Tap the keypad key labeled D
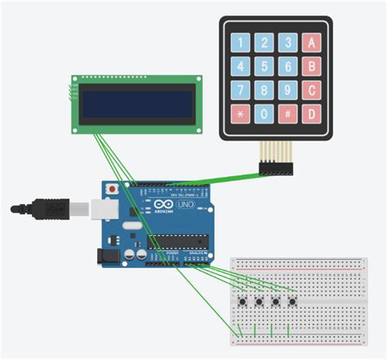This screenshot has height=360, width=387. point(311,113)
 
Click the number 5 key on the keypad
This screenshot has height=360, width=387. point(263,65)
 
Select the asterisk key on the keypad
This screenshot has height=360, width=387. point(239,113)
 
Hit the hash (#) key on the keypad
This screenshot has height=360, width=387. point(287,113)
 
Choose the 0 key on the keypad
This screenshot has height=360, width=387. point(263,113)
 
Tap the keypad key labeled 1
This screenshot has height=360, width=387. point(239,42)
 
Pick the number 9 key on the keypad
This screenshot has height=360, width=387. point(287,90)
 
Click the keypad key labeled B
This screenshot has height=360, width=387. point(311,65)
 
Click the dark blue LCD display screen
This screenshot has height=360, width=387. point(136,103)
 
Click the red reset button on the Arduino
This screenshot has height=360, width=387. point(111,189)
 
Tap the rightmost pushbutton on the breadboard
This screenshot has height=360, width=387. point(291,302)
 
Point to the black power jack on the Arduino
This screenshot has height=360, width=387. point(108,255)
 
